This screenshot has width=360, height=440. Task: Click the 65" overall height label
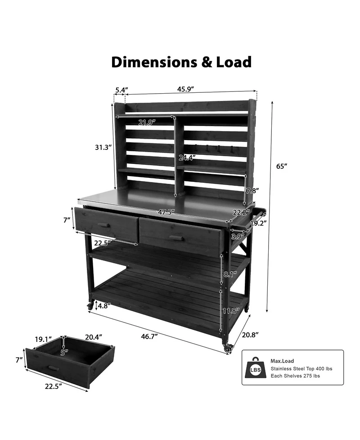tap(282, 166)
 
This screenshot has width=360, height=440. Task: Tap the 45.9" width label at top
tap(185, 89)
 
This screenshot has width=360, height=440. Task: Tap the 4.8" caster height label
tap(103, 306)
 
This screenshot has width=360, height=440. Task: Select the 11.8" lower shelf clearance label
tap(230, 310)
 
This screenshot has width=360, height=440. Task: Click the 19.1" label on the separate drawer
tap(44, 339)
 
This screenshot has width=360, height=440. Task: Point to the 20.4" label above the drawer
tap(93, 337)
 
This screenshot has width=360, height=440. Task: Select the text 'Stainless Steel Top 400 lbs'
tap(301, 368)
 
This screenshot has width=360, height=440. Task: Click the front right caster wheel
tap(228, 348)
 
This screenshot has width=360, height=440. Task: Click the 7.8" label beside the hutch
tap(253, 191)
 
